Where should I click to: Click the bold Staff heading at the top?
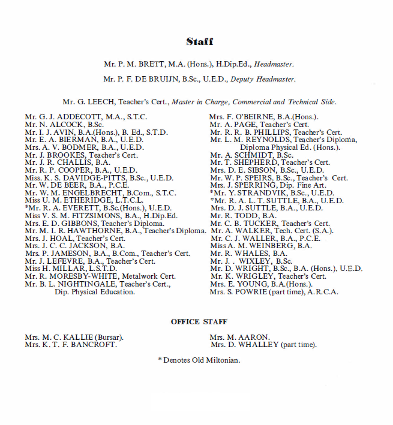(199, 41)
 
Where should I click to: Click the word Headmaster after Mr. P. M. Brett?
(274, 64)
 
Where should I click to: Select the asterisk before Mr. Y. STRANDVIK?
(212, 193)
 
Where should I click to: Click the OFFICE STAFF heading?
(199, 322)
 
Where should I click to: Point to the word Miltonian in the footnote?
(221, 360)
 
